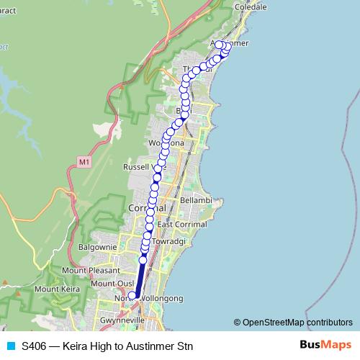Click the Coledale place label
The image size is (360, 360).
251,6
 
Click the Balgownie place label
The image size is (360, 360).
97,246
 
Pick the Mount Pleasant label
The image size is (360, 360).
90,271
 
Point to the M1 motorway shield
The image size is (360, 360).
84,163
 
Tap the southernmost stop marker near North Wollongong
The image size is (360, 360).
132,295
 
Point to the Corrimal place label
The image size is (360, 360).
146,207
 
